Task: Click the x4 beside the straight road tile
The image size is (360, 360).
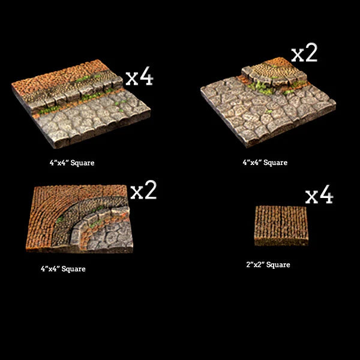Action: point(139,77)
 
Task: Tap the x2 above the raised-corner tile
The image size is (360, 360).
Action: point(304,53)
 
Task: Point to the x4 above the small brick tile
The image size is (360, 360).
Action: point(319,196)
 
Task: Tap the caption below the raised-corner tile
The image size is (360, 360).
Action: point(265,163)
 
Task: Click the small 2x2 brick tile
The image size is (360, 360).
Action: point(281,225)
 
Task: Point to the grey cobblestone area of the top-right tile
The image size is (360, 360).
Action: point(264,114)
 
